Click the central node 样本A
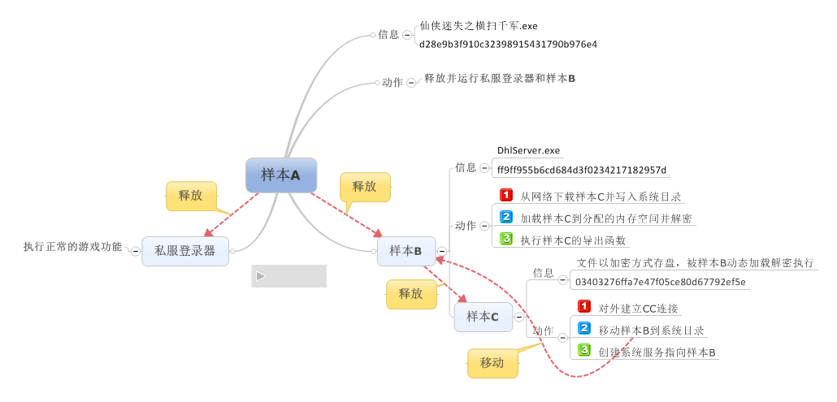pos(280,175)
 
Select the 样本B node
pos(405,251)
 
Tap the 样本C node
pos(483,316)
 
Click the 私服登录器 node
pos(184,251)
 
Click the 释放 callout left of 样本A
pos(191,196)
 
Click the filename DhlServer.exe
pos(528,151)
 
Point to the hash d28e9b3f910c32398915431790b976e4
pos(508,44)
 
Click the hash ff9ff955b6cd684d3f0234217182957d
pos(581,171)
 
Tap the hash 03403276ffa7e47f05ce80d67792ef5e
pos(661,282)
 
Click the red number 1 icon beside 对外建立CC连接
pos(584,306)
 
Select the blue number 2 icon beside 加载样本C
pos(506,217)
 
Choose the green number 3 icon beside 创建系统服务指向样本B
pos(584,350)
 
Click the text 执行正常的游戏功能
pos(72,246)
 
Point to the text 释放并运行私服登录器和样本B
pos(499,79)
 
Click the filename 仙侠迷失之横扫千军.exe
pos(478,26)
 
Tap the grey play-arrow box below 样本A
pos(288,276)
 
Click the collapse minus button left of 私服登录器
pos(136,251)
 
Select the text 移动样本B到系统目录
pos(651,331)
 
